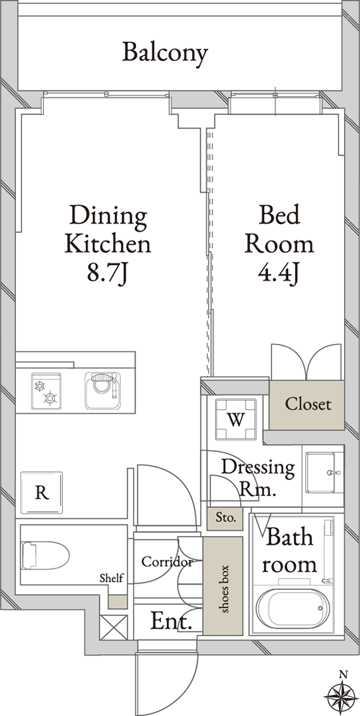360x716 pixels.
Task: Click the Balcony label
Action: pyautogui.click(x=165, y=53)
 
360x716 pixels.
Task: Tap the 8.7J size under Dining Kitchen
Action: pyautogui.click(x=109, y=275)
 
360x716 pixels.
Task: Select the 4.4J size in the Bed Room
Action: pyautogui.click(x=279, y=275)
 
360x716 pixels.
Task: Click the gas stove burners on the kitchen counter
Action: pyautogui.click(x=46, y=391)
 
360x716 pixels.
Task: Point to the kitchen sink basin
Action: pyautogui.click(x=103, y=391)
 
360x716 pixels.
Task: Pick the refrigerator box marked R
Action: pyautogui.click(x=41, y=493)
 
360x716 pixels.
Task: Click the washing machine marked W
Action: pyautogui.click(x=236, y=419)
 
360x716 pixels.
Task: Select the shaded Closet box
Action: pyautogui.click(x=307, y=405)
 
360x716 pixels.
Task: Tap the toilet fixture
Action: pyautogui.click(x=45, y=556)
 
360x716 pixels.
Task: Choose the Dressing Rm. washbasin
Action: pyautogui.click(x=324, y=472)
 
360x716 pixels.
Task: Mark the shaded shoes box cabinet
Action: pyautogui.click(x=223, y=586)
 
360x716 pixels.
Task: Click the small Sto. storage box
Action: pyautogui.click(x=225, y=518)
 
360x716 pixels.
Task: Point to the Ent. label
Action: pyautogui.click(x=171, y=622)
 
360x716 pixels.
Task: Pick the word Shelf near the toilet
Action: pyautogui.click(x=111, y=578)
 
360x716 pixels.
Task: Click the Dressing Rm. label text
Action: pyautogui.click(x=258, y=478)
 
